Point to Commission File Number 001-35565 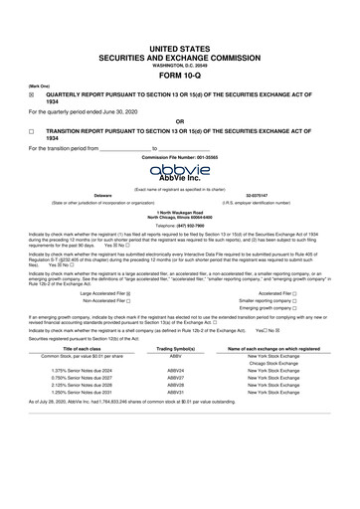coord(180,158)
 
